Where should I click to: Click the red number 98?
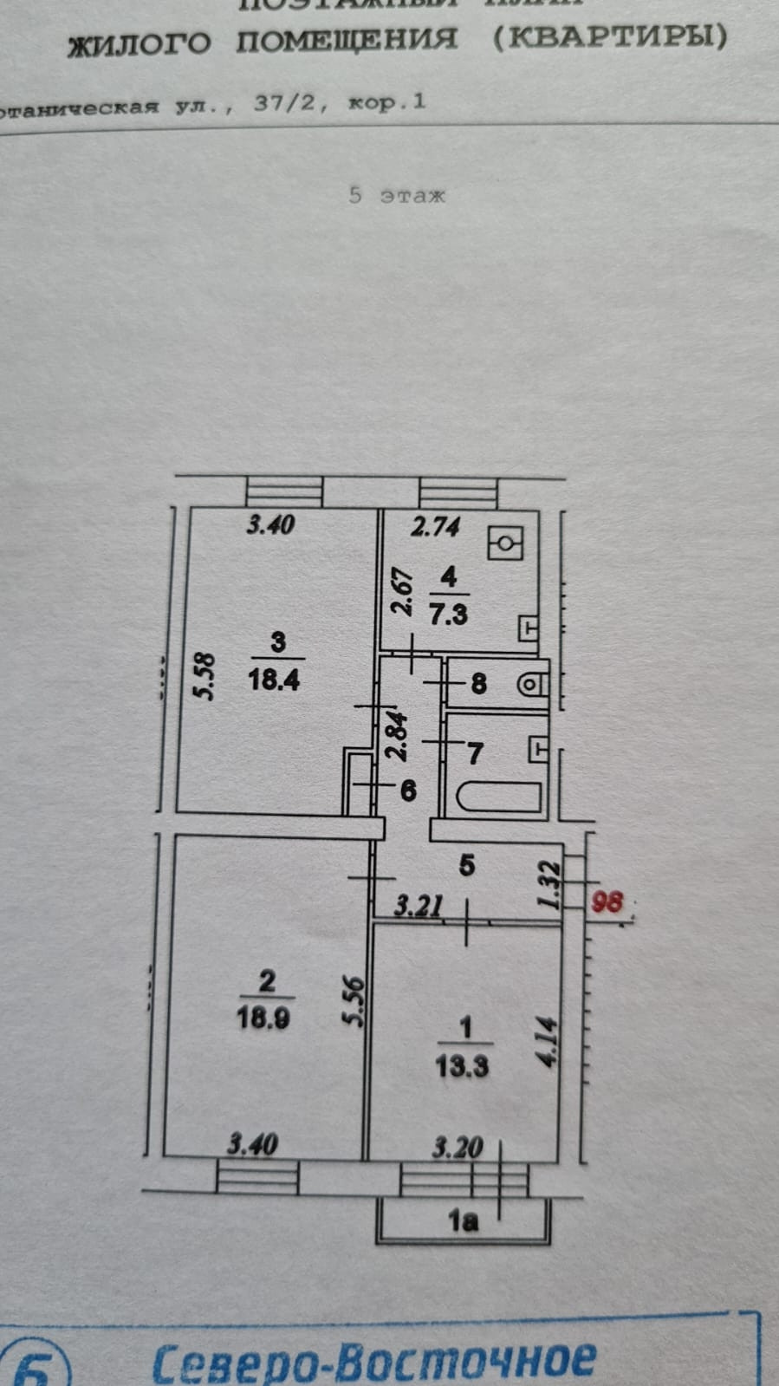pos(607,901)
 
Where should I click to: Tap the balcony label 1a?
pos(463,1221)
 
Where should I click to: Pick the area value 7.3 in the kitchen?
pos(449,615)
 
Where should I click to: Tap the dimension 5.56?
pos(354,1001)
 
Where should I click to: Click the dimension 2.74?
pos(435,526)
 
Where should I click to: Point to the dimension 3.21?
pos(419,907)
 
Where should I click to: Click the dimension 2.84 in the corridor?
pos(397,736)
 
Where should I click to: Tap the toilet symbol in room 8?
pos(530,684)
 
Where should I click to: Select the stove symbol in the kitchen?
pos(505,544)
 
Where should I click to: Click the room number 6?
pos(408,790)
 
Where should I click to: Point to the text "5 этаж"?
pos(396,195)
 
